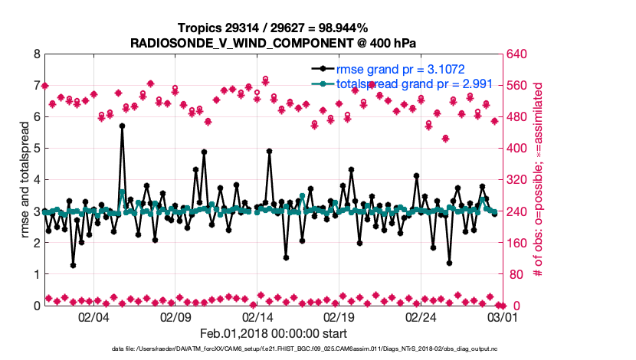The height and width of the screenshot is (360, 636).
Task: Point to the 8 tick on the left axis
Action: point(37,54)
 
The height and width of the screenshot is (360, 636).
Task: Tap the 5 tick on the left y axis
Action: point(37,149)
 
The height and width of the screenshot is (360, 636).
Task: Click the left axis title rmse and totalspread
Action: point(24,180)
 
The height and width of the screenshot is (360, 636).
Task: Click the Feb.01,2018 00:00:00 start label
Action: point(274,333)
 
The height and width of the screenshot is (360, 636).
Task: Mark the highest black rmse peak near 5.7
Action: point(122,126)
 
